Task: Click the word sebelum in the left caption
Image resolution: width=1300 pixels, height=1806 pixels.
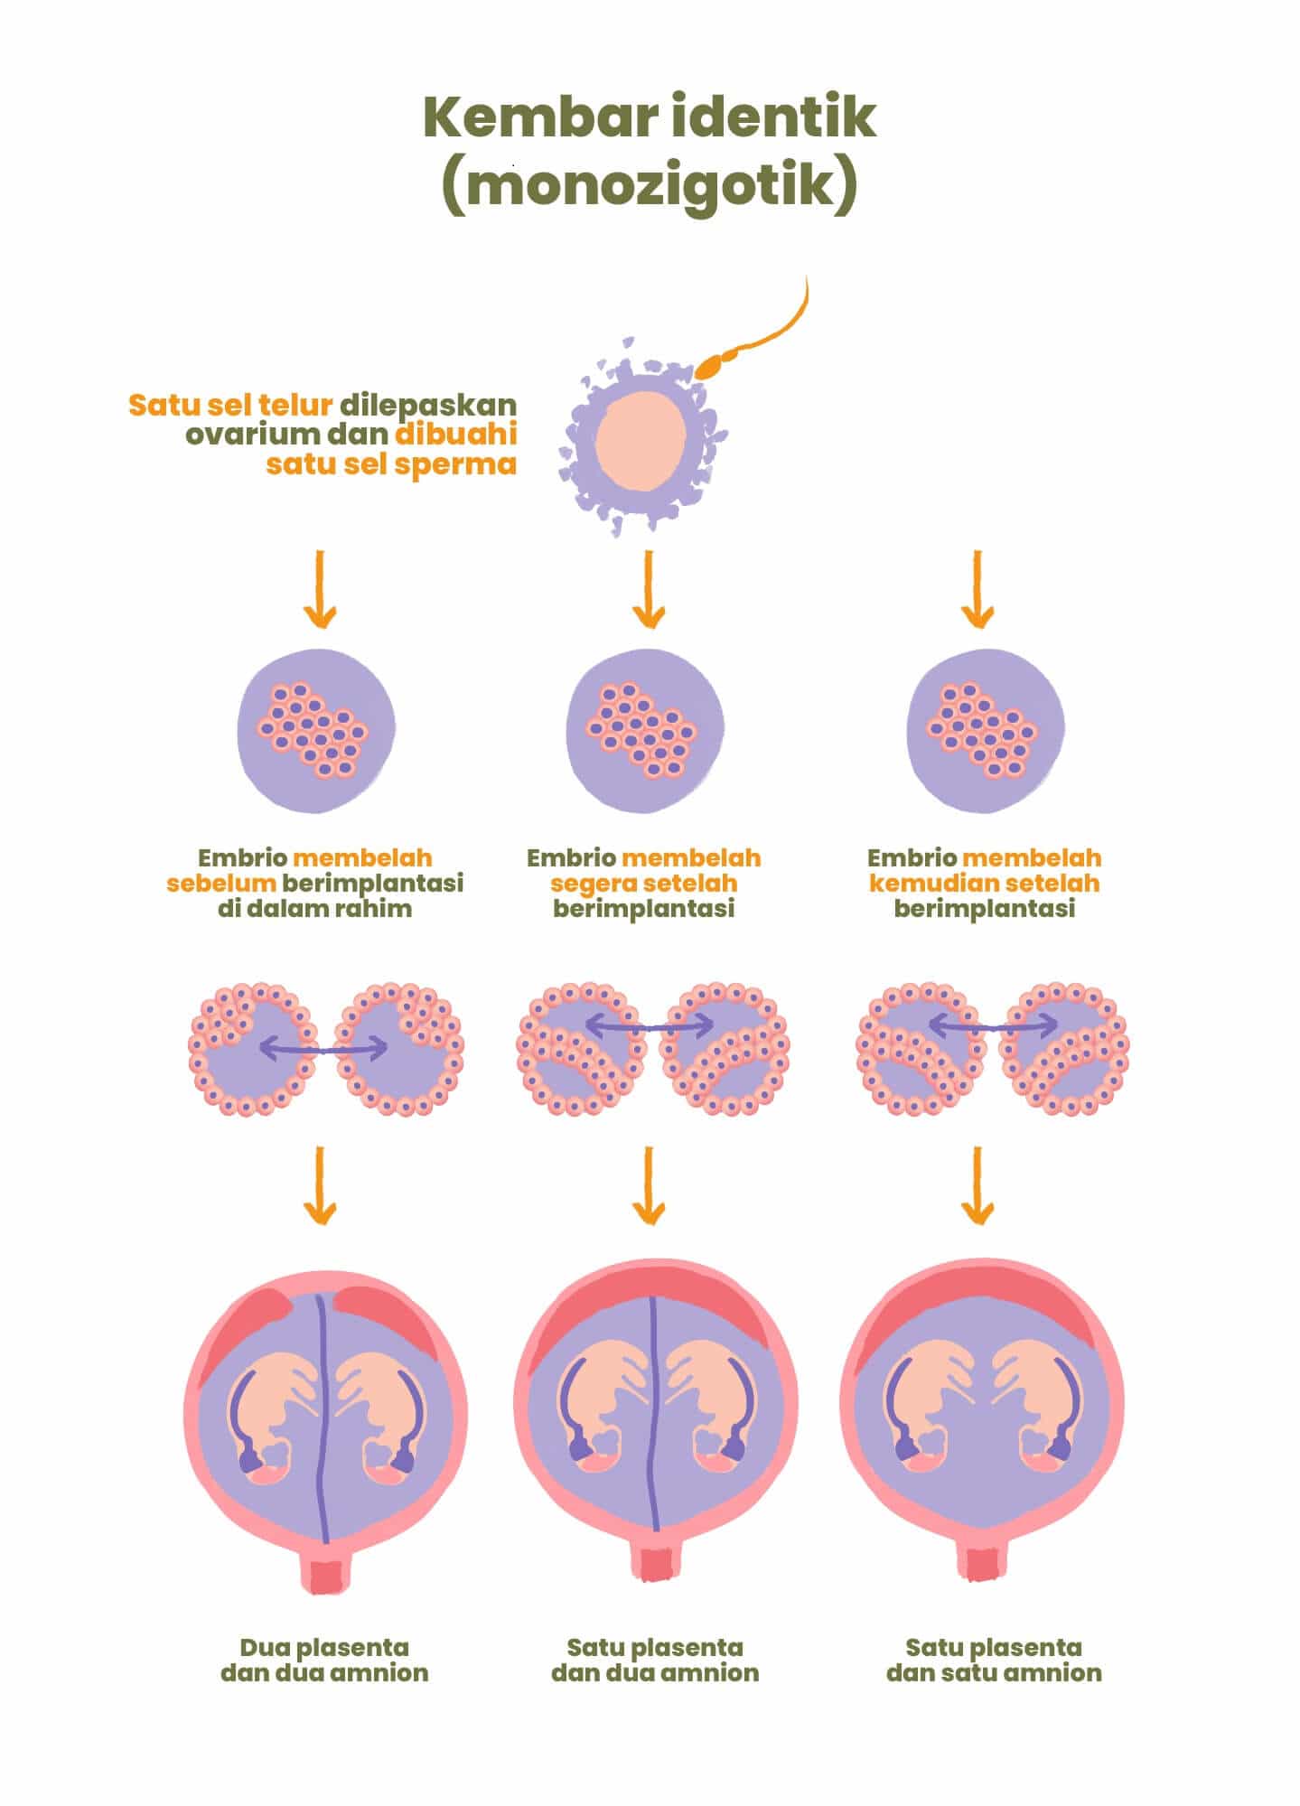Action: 220,883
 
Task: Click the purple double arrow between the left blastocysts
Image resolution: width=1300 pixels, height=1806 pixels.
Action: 323,1048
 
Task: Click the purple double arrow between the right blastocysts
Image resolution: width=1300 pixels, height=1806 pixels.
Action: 993,1025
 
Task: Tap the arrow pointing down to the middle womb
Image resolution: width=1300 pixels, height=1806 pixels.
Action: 649,1186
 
